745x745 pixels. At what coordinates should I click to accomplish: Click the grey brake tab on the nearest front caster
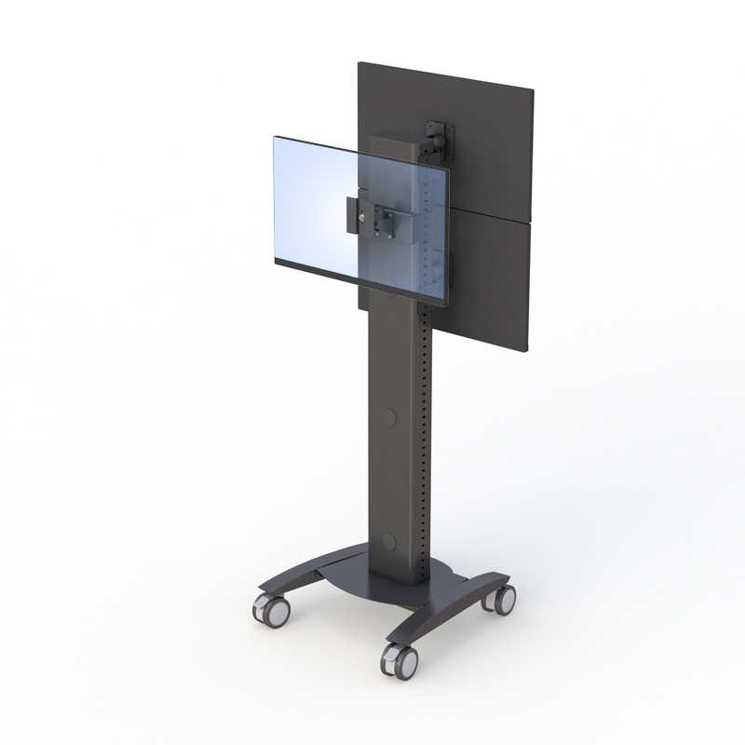tap(386, 659)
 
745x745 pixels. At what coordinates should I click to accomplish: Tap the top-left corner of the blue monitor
tap(274, 138)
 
